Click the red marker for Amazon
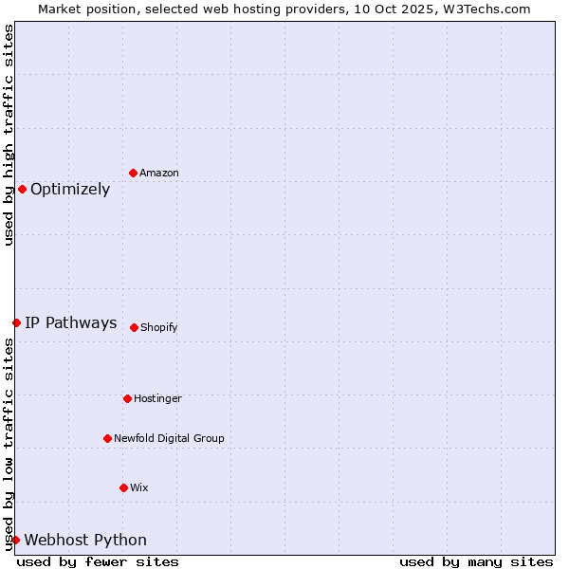pyautogui.click(x=133, y=173)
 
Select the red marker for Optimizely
pyautogui.click(x=22, y=189)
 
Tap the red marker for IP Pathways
pyautogui.click(x=16, y=322)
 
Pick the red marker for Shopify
pyautogui.click(x=134, y=327)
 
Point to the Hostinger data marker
pyautogui.click(x=127, y=398)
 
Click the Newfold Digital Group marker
pyautogui.click(x=107, y=438)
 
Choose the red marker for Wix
pyautogui.click(x=123, y=487)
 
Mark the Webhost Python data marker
pyautogui.click(x=15, y=540)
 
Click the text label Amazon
pyautogui.click(x=159, y=173)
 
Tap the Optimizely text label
pyautogui.click(x=70, y=189)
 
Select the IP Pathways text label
pyautogui.click(x=71, y=322)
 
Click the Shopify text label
pyautogui.click(x=159, y=327)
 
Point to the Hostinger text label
pyautogui.click(x=157, y=398)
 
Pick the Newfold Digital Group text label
pyautogui.click(x=169, y=438)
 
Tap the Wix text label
pyautogui.click(x=139, y=487)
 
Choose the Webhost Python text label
pyautogui.click(x=85, y=540)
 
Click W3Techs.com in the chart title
pyautogui.click(x=489, y=9)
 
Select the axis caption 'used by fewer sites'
pyautogui.click(x=98, y=561)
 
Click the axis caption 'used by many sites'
pyautogui.click(x=476, y=561)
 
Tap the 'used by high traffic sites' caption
pyautogui.click(x=9, y=136)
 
